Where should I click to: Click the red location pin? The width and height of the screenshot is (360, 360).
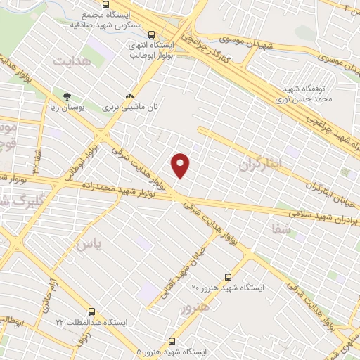click(x=181, y=165)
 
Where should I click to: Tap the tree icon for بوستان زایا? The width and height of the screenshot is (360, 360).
click(x=67, y=96)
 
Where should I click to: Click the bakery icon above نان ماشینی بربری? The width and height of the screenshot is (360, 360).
click(x=129, y=96)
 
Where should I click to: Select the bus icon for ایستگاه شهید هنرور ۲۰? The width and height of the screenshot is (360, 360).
click(x=227, y=277)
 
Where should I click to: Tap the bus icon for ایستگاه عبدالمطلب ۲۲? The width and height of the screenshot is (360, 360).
click(x=92, y=311)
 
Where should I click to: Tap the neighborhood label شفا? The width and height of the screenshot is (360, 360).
click(x=279, y=228)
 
